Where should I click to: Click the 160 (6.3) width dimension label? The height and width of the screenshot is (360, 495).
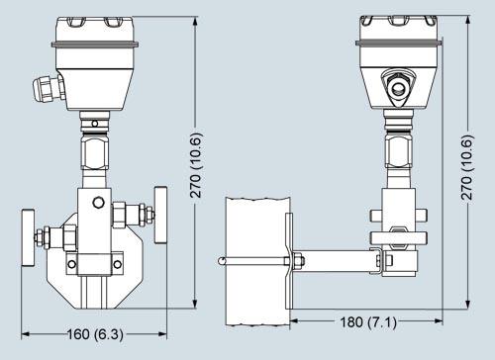point(95,334)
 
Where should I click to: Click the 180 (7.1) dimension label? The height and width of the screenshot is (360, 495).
point(368,321)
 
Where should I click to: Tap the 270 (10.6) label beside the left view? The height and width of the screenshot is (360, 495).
point(195,165)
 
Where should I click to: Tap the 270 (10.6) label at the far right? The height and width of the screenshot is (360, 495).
point(467,167)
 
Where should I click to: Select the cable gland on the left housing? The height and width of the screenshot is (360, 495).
point(49,88)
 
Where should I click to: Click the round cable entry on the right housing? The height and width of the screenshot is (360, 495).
point(399,87)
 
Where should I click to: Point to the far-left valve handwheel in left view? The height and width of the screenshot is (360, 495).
point(28,237)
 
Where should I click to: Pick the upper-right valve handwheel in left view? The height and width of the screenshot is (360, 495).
point(160,215)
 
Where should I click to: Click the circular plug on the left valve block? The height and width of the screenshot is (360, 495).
point(98,202)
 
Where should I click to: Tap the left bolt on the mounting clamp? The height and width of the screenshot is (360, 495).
point(71,264)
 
